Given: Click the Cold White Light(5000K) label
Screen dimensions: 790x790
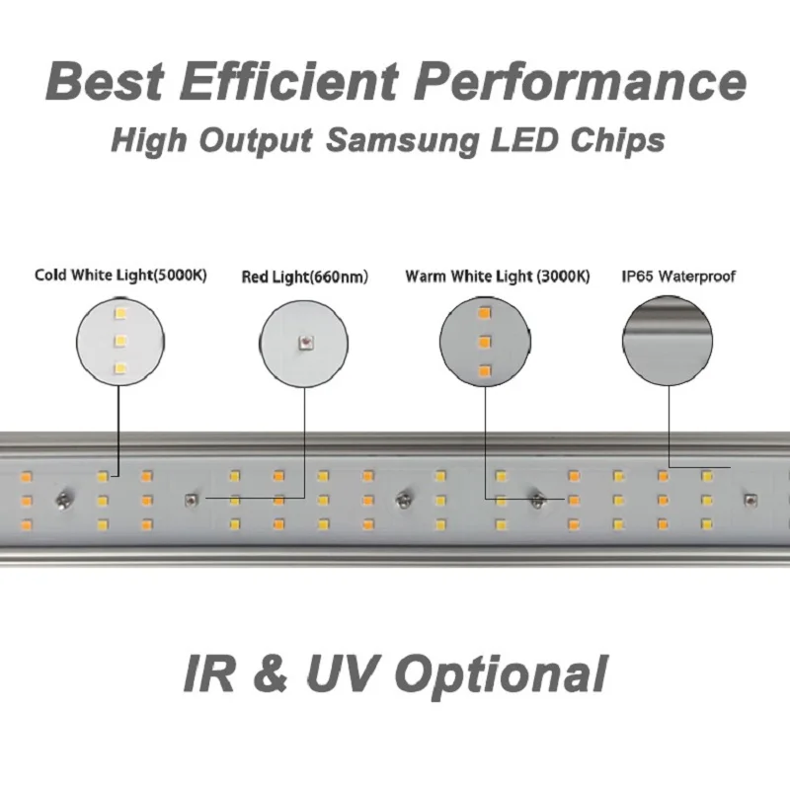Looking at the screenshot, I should pos(120,276).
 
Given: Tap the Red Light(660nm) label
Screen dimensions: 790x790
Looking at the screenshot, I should pos(304,277).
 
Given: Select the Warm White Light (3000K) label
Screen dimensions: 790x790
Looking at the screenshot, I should pos(497,276).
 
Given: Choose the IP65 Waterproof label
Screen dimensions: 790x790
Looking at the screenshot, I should pos(677,276).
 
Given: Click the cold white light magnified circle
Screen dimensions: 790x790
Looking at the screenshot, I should pos(120,342).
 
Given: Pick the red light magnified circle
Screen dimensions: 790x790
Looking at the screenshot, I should pos(305,343).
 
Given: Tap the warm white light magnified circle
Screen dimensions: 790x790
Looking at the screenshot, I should pos(484,342).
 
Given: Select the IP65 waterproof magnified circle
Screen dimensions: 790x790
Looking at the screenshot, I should pos(667,342).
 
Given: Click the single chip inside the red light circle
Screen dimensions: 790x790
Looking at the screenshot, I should pos(306,343).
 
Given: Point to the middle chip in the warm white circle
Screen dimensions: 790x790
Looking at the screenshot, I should pos(484,342).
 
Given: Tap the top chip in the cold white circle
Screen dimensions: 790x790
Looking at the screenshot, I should pos(121,314).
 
